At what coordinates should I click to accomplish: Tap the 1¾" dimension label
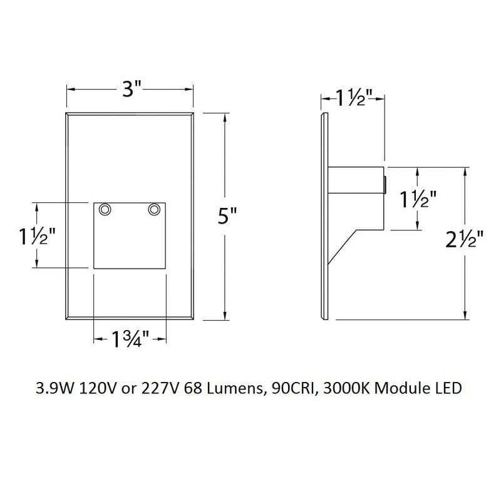(130, 341)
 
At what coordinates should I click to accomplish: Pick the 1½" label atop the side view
(353, 98)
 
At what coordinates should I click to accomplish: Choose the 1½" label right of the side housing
(418, 201)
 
